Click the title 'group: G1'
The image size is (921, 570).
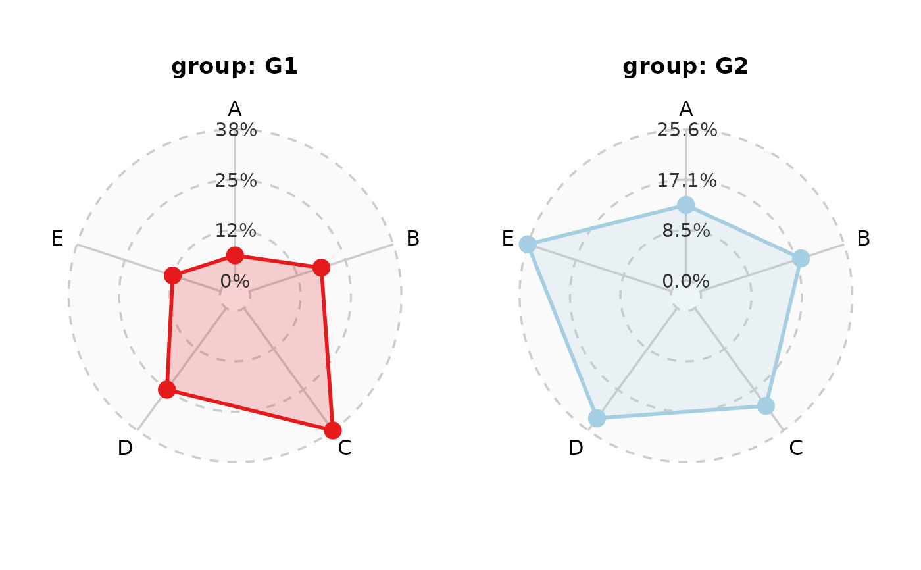click(234, 66)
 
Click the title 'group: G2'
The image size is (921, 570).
click(685, 66)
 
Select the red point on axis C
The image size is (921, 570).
click(332, 430)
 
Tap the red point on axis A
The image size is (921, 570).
click(235, 255)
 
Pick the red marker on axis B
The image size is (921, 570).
click(321, 267)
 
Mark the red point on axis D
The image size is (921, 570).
click(167, 389)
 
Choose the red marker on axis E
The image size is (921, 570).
click(172, 275)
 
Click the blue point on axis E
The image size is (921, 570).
click(527, 244)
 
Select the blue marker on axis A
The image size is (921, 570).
click(685, 205)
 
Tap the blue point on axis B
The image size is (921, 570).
click(801, 258)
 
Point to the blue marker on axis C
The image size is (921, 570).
click(766, 405)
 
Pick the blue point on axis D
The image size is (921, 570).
click(597, 418)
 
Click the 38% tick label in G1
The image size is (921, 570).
click(236, 130)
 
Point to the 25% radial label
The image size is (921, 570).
click(236, 180)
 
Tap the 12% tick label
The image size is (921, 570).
click(236, 230)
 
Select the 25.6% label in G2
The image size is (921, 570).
click(687, 130)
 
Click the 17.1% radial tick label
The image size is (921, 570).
click(687, 180)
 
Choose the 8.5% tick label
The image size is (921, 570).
click(686, 230)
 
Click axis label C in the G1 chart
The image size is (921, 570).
click(345, 448)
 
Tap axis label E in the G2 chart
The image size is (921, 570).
click(508, 238)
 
